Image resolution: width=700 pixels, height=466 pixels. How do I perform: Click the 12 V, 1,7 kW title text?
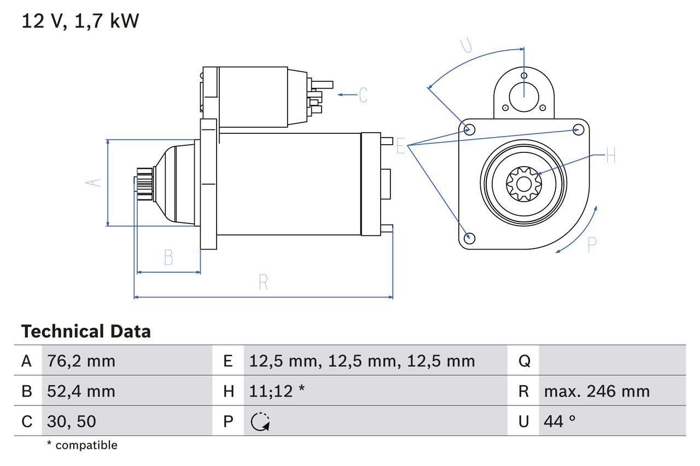(80, 21)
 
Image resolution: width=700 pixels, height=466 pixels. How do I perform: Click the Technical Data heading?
(86, 331)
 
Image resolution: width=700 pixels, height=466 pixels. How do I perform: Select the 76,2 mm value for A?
(81, 361)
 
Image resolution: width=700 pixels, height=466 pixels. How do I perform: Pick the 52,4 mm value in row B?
(81, 391)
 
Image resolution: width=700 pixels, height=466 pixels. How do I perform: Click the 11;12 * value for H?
(277, 391)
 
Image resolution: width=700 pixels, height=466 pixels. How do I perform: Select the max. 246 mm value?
(597, 391)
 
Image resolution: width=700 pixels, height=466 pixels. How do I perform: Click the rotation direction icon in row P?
(260, 421)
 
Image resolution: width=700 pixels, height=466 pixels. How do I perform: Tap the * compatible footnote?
(82, 445)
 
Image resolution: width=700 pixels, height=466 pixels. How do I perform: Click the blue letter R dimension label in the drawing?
(263, 282)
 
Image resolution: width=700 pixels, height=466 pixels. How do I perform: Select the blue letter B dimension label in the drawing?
(168, 257)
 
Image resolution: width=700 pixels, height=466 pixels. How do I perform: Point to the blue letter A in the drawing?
(95, 182)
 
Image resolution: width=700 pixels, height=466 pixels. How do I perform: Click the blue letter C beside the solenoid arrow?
(363, 95)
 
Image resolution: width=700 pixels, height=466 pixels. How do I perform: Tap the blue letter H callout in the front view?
(610, 156)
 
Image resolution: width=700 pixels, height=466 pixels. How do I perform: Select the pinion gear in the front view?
(523, 183)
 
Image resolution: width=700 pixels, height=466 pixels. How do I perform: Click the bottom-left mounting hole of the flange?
(469, 238)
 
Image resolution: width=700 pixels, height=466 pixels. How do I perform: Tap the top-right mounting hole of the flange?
(578, 129)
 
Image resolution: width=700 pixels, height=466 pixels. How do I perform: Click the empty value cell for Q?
(611, 361)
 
